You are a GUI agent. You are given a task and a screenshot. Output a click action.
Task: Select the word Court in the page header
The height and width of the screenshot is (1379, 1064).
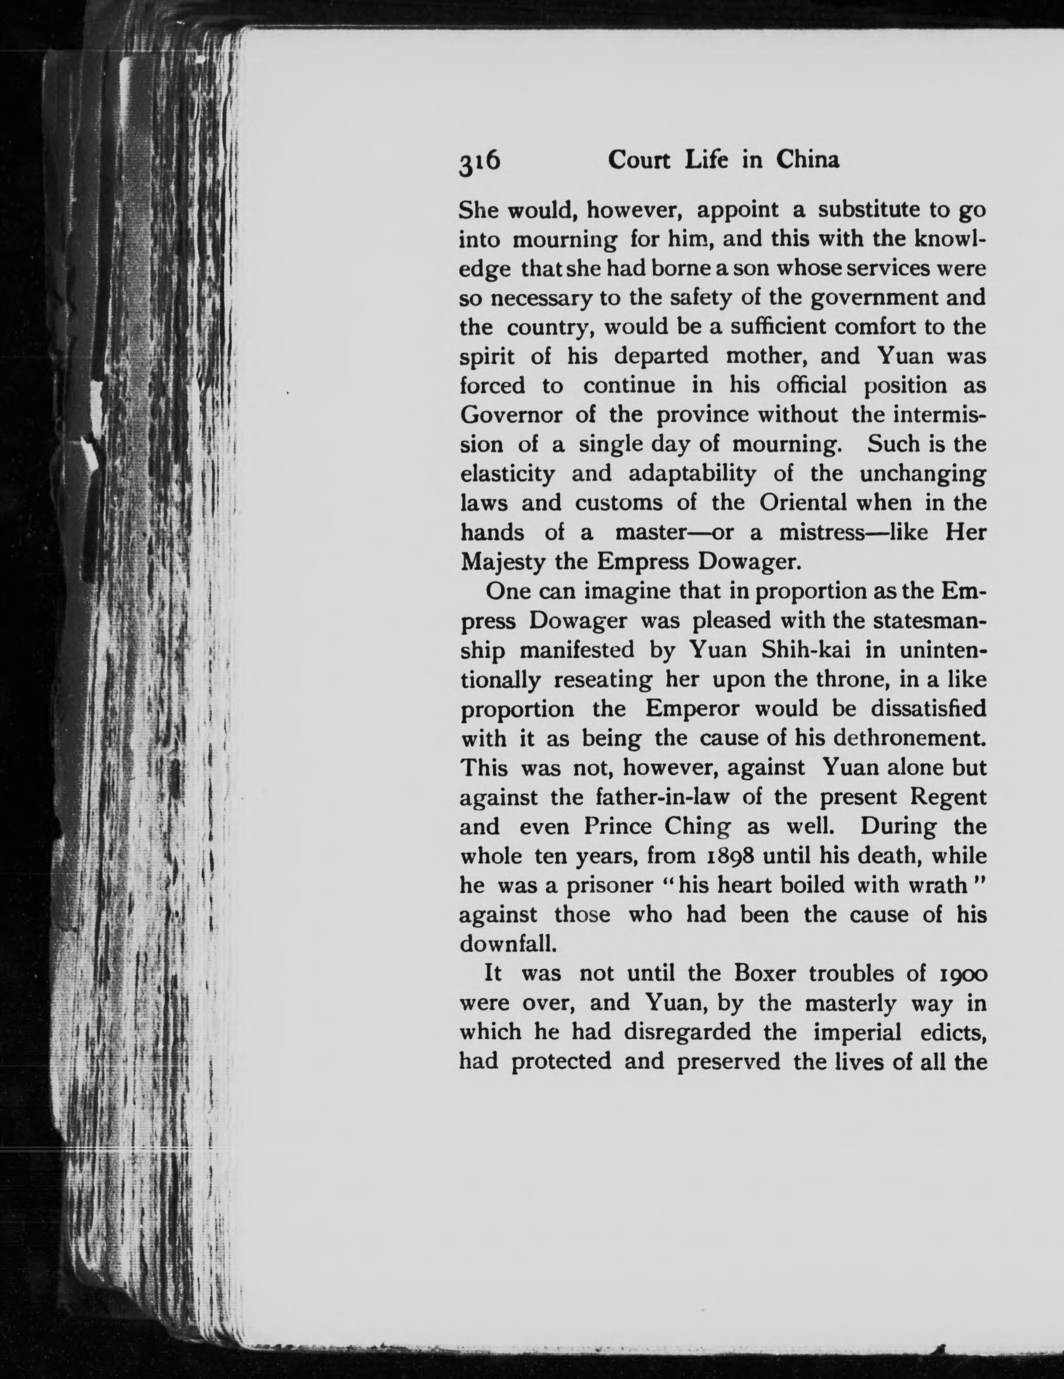638,161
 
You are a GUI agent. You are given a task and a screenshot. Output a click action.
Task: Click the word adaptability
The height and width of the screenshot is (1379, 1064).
663,474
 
